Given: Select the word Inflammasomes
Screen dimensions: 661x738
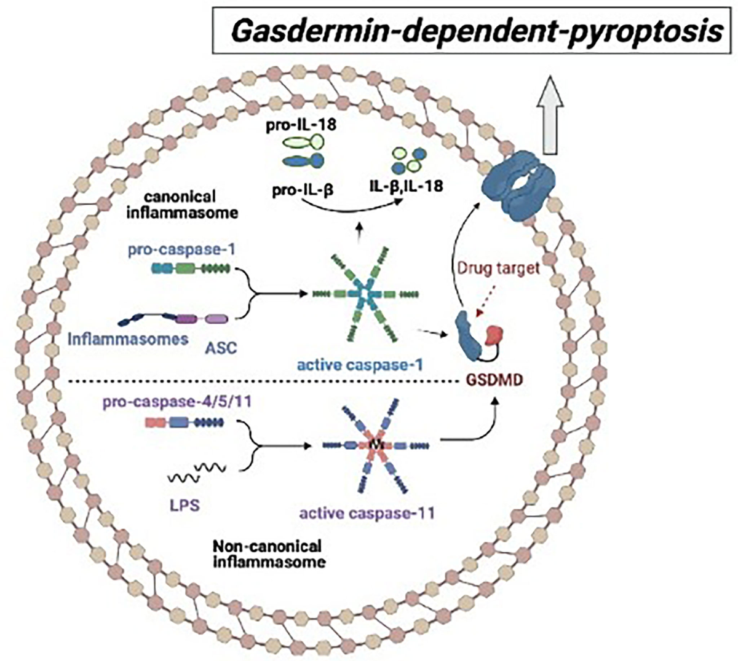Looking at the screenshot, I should click(128, 339).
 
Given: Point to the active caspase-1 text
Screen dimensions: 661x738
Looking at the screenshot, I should click(359, 366).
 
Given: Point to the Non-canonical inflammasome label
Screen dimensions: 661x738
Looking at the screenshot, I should click(266, 553).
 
